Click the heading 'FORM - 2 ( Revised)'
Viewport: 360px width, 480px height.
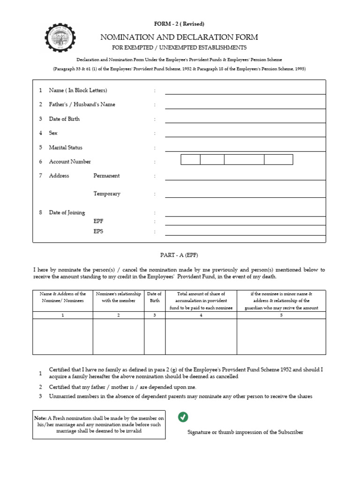point(179,24)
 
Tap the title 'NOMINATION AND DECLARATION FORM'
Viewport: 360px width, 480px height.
point(179,37)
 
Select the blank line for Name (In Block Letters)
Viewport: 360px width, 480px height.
point(245,90)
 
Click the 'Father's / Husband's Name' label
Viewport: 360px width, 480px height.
point(82,105)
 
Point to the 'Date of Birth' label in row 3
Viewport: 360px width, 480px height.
point(64,119)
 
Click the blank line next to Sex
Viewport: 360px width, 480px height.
point(245,133)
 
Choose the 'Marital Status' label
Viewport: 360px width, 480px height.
point(66,148)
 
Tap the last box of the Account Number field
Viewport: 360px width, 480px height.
point(278,160)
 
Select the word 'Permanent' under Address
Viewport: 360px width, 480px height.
point(106,176)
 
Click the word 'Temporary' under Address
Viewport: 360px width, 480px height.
point(107,194)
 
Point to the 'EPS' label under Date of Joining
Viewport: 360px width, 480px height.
point(98,232)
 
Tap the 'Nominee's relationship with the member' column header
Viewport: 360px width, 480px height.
point(119,297)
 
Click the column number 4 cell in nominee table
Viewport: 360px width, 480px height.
point(201,315)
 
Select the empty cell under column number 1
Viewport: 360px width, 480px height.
point(63,337)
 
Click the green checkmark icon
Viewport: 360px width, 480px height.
point(183,417)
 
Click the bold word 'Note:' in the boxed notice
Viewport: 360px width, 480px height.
point(40,418)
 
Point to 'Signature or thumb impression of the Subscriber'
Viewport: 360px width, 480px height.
point(245,432)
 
